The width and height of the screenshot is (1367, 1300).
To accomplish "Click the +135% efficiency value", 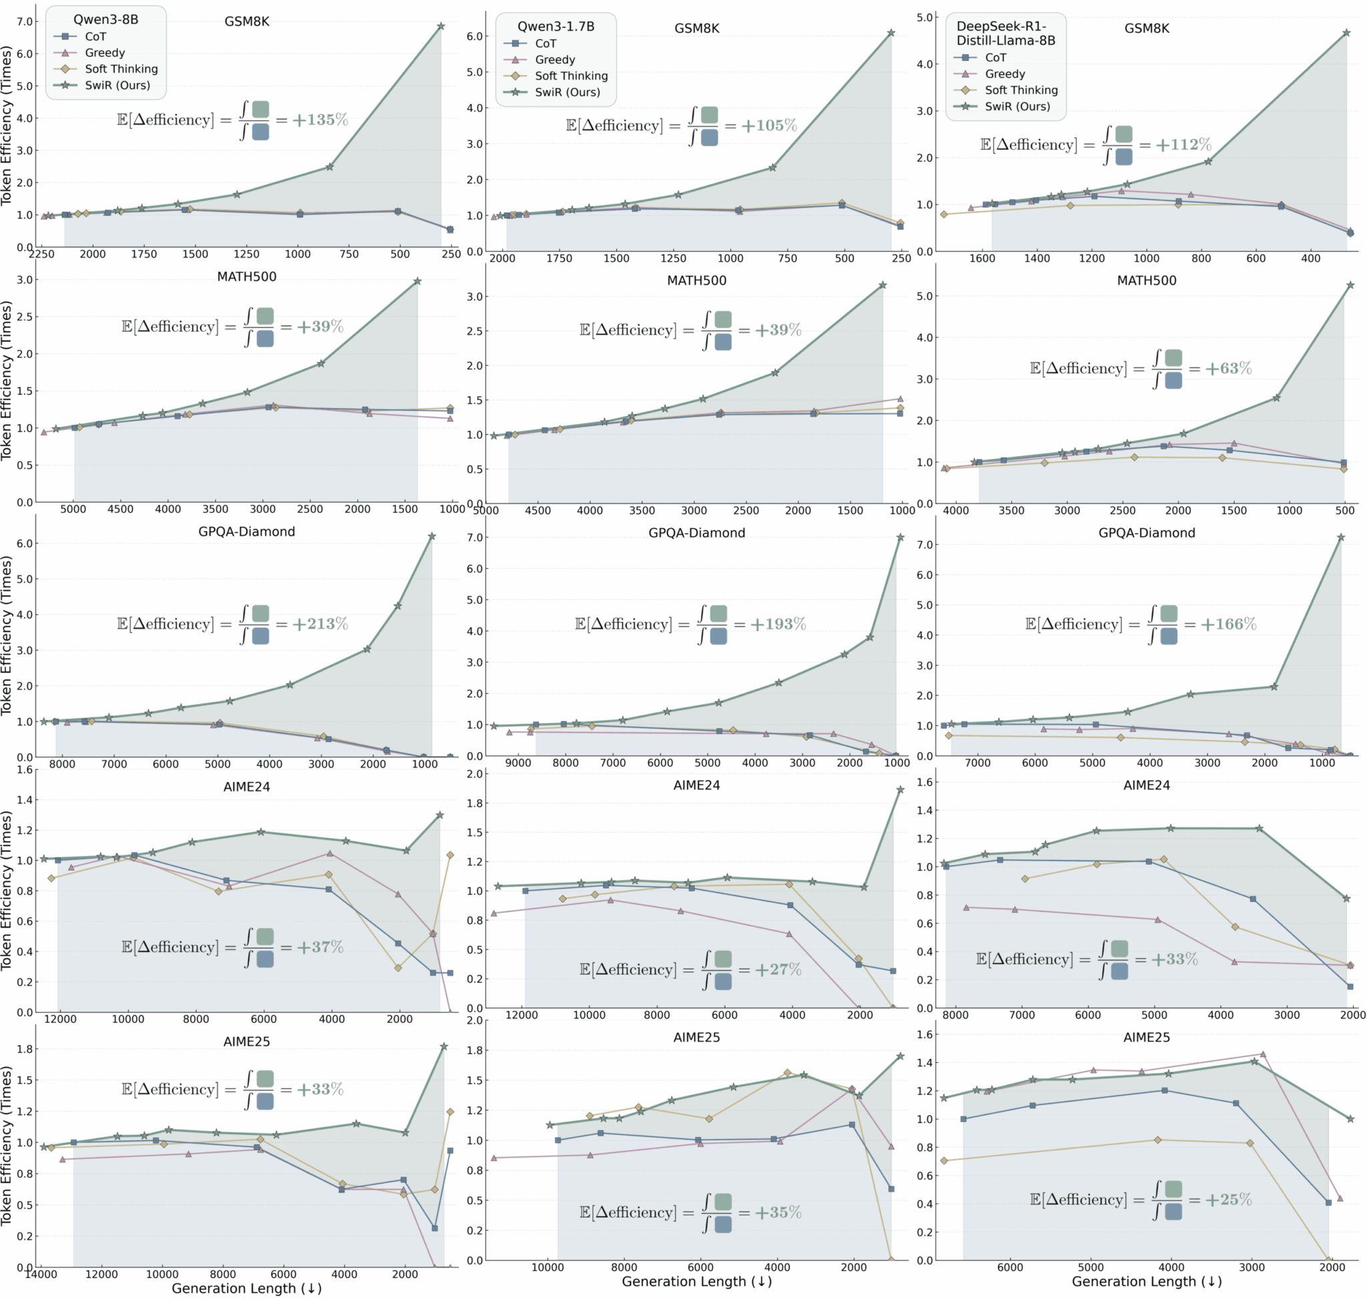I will [320, 120].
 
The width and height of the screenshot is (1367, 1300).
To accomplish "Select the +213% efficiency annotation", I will [320, 624].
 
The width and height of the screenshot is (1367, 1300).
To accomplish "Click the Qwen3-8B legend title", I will [105, 19].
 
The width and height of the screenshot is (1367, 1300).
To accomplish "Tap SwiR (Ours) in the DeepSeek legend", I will [1017, 107].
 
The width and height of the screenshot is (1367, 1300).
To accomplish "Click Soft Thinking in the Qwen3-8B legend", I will [121, 69].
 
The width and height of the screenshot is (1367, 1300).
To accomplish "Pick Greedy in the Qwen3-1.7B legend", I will [555, 59].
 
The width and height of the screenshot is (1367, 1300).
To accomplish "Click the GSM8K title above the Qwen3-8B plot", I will [247, 21].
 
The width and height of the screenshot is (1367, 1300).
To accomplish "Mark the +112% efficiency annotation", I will [1183, 144].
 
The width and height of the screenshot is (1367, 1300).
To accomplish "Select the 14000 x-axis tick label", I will [41, 1274].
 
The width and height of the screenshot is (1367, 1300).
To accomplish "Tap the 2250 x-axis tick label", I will [41, 254].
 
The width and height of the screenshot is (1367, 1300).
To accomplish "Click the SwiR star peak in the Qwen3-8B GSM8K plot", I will [441, 26].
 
